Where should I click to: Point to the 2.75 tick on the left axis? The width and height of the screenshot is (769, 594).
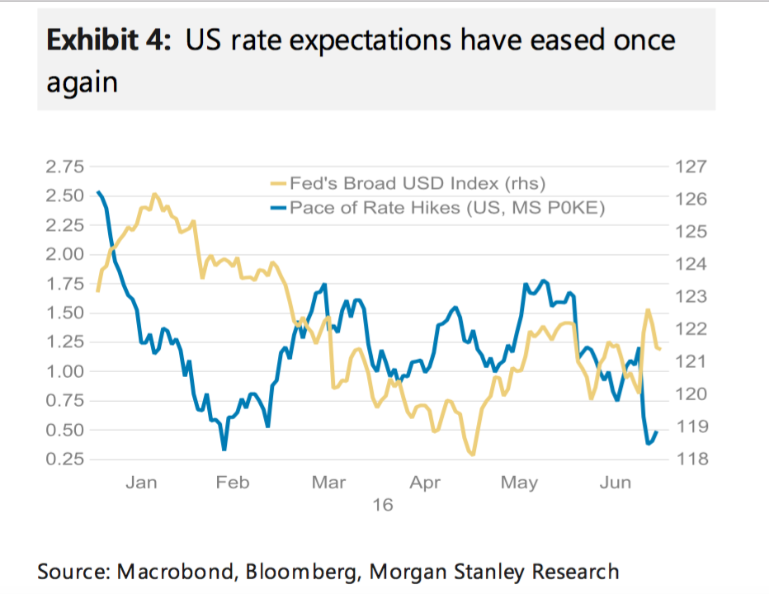[x=64, y=167]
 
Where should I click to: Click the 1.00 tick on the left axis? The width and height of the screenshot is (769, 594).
[x=64, y=371]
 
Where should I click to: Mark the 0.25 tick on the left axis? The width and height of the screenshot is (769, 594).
[x=64, y=459]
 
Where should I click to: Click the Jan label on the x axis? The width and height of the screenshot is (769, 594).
[x=141, y=483]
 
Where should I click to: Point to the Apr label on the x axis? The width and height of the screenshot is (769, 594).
[x=425, y=483]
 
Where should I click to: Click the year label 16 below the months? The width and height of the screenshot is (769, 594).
[x=381, y=504]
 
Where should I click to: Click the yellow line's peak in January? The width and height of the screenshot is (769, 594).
[x=154, y=195]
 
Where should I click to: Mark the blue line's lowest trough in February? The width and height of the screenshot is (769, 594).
[x=224, y=449]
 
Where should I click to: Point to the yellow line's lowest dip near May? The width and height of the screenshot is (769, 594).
[x=472, y=455]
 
